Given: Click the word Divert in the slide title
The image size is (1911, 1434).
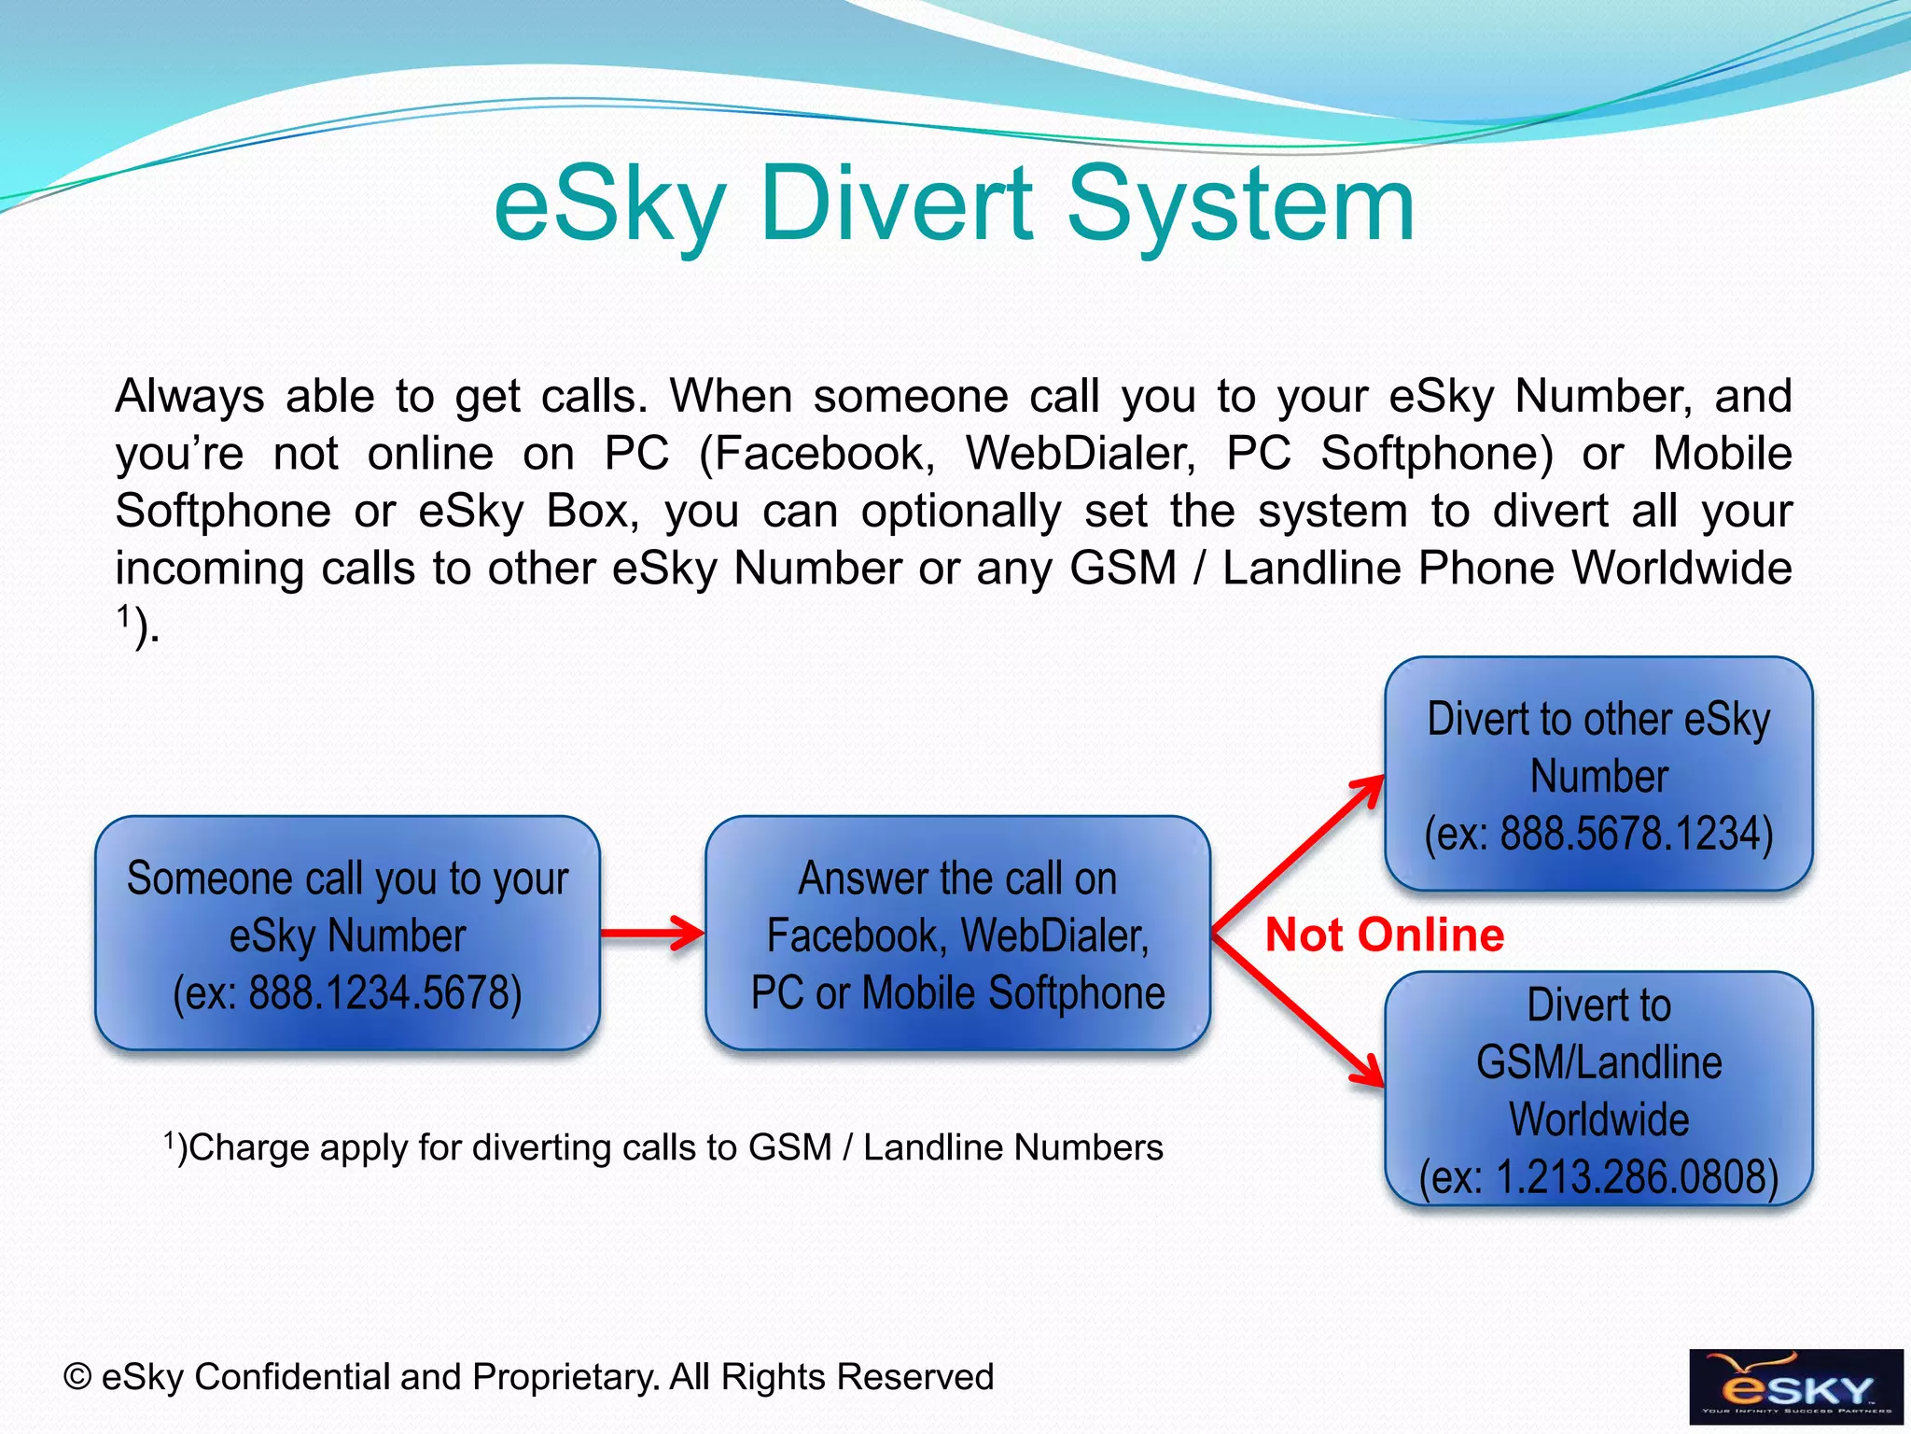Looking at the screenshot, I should point(896,204).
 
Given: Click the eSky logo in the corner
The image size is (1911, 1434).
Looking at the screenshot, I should point(1795,1386).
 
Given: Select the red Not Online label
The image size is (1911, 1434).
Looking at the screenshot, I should point(1384,935).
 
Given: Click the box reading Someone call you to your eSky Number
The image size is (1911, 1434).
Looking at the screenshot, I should point(347,933).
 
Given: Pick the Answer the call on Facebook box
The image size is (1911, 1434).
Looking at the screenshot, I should point(957,933).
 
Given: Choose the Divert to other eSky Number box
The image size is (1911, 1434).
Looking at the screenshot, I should point(1598,774).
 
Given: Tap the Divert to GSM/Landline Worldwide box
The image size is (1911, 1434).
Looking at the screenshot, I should point(1598,1088).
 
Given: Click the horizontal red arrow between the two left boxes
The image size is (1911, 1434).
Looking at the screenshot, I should point(651,933).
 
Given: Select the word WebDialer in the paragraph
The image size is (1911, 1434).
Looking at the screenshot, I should point(1081,454).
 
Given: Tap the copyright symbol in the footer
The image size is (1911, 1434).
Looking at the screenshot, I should point(77,1377).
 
